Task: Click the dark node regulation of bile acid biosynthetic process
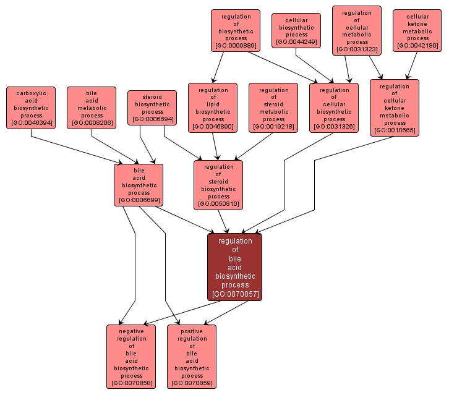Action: click(234, 266)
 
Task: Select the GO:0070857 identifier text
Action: click(234, 294)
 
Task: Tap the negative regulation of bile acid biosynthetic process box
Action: click(131, 357)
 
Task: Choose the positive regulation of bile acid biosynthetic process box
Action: click(192, 357)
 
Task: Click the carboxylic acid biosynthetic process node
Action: click(31, 108)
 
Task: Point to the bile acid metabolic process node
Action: click(92, 108)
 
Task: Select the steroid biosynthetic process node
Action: click(152, 108)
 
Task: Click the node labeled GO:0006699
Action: click(139, 200)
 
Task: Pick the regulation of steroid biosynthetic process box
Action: click(218, 185)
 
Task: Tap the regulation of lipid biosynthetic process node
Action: click(213, 108)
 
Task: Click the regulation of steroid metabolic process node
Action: click(273, 108)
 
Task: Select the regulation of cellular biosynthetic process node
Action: click(334, 108)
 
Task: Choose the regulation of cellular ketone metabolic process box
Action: click(395, 108)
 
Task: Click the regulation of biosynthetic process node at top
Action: click(235, 30)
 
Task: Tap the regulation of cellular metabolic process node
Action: click(356, 30)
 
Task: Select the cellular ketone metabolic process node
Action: click(417, 30)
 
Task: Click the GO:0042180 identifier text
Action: click(417, 45)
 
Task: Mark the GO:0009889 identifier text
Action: click(235, 45)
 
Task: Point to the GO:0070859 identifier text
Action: click(192, 383)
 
